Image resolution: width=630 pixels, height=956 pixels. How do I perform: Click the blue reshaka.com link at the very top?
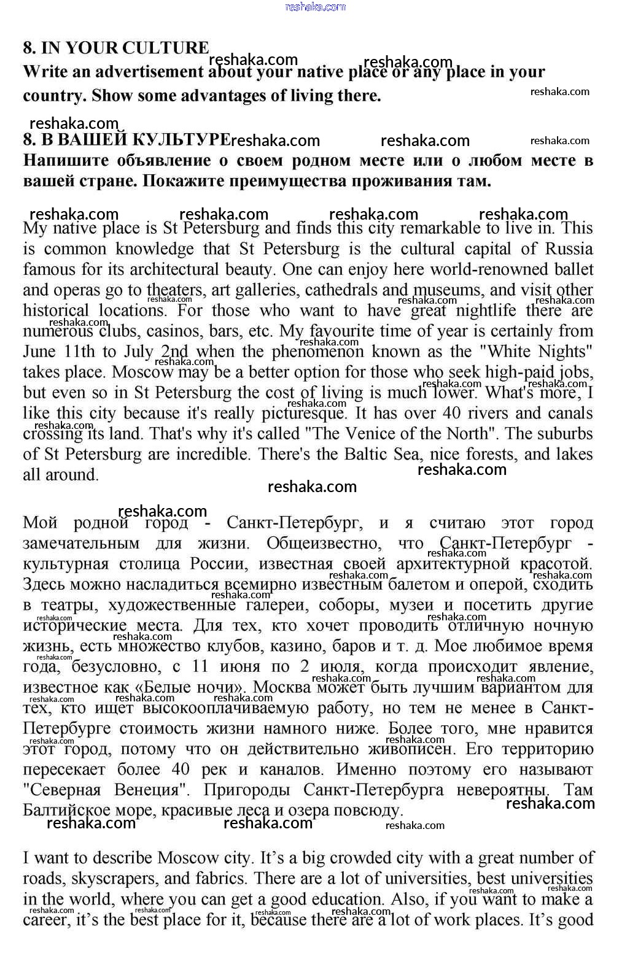point(316,7)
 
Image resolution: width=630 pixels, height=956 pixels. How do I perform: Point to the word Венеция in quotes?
point(152,790)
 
